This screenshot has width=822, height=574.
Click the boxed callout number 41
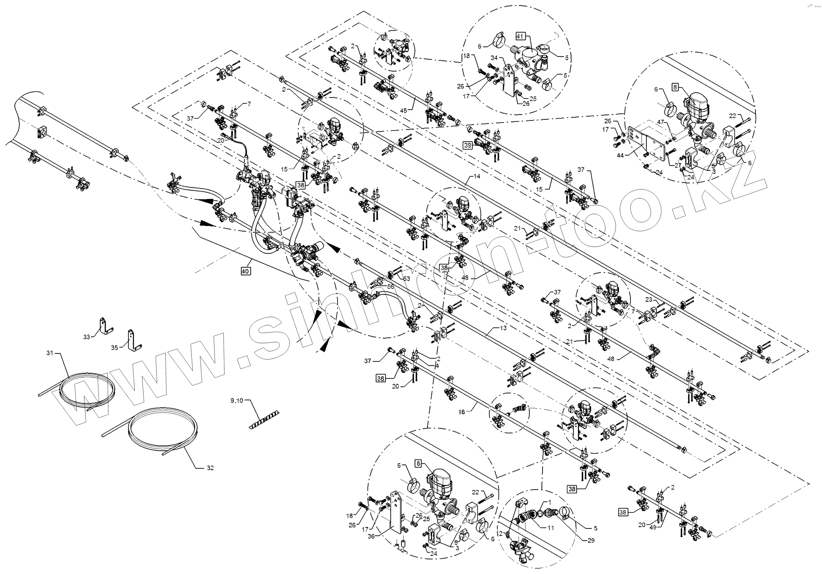(520, 36)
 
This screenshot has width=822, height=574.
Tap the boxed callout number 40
(245, 271)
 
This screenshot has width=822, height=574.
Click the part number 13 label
(503, 328)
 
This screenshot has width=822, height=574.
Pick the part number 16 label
(462, 412)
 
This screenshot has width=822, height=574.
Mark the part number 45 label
(404, 111)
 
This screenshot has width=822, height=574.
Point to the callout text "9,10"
(237, 400)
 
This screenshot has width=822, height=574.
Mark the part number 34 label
(494, 58)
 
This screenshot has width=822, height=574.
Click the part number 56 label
(390, 287)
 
